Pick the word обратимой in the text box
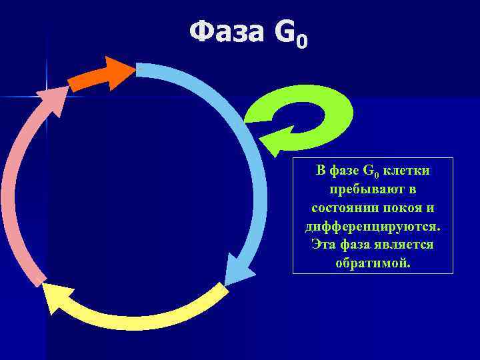click(372, 263)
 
